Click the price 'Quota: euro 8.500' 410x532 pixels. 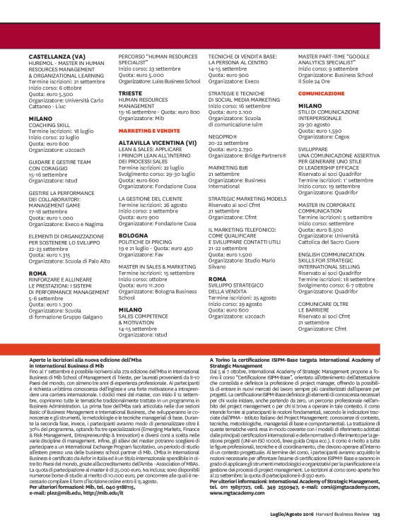322,228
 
